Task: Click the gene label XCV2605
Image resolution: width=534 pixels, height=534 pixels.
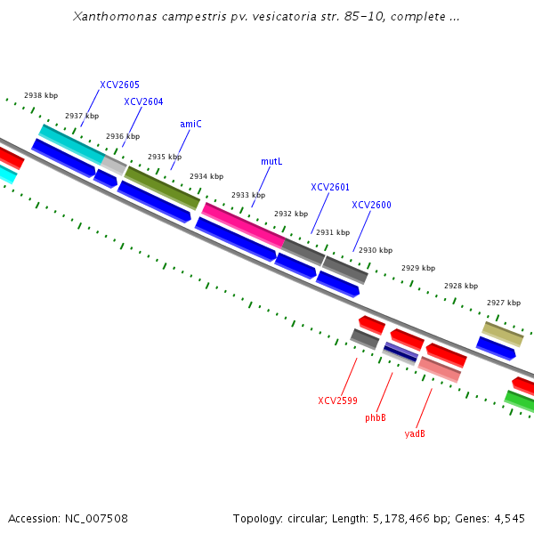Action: (x=119, y=85)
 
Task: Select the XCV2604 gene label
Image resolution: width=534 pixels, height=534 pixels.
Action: (x=143, y=101)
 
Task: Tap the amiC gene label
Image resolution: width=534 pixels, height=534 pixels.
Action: (x=190, y=124)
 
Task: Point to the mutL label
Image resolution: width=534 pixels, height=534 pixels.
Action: (x=271, y=161)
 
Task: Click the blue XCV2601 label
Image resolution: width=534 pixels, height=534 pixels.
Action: (x=330, y=187)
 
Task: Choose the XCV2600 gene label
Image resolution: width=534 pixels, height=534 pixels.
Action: (x=371, y=205)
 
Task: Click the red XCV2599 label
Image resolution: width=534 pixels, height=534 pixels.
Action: (x=337, y=400)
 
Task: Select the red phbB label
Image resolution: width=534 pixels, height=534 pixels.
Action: (x=376, y=417)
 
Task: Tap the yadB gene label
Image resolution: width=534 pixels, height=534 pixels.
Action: (x=415, y=433)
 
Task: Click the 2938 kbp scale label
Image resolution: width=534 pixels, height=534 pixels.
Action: (x=41, y=95)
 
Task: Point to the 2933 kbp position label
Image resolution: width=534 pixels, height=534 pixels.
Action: (x=248, y=195)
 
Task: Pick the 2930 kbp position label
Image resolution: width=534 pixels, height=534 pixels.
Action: (x=375, y=250)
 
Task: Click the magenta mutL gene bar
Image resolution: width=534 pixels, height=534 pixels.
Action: (x=243, y=225)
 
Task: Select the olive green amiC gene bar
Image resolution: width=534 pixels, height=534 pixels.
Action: (x=162, y=187)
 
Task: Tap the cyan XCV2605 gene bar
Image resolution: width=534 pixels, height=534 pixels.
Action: (x=71, y=144)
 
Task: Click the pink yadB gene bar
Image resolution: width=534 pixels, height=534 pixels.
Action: (x=439, y=368)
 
